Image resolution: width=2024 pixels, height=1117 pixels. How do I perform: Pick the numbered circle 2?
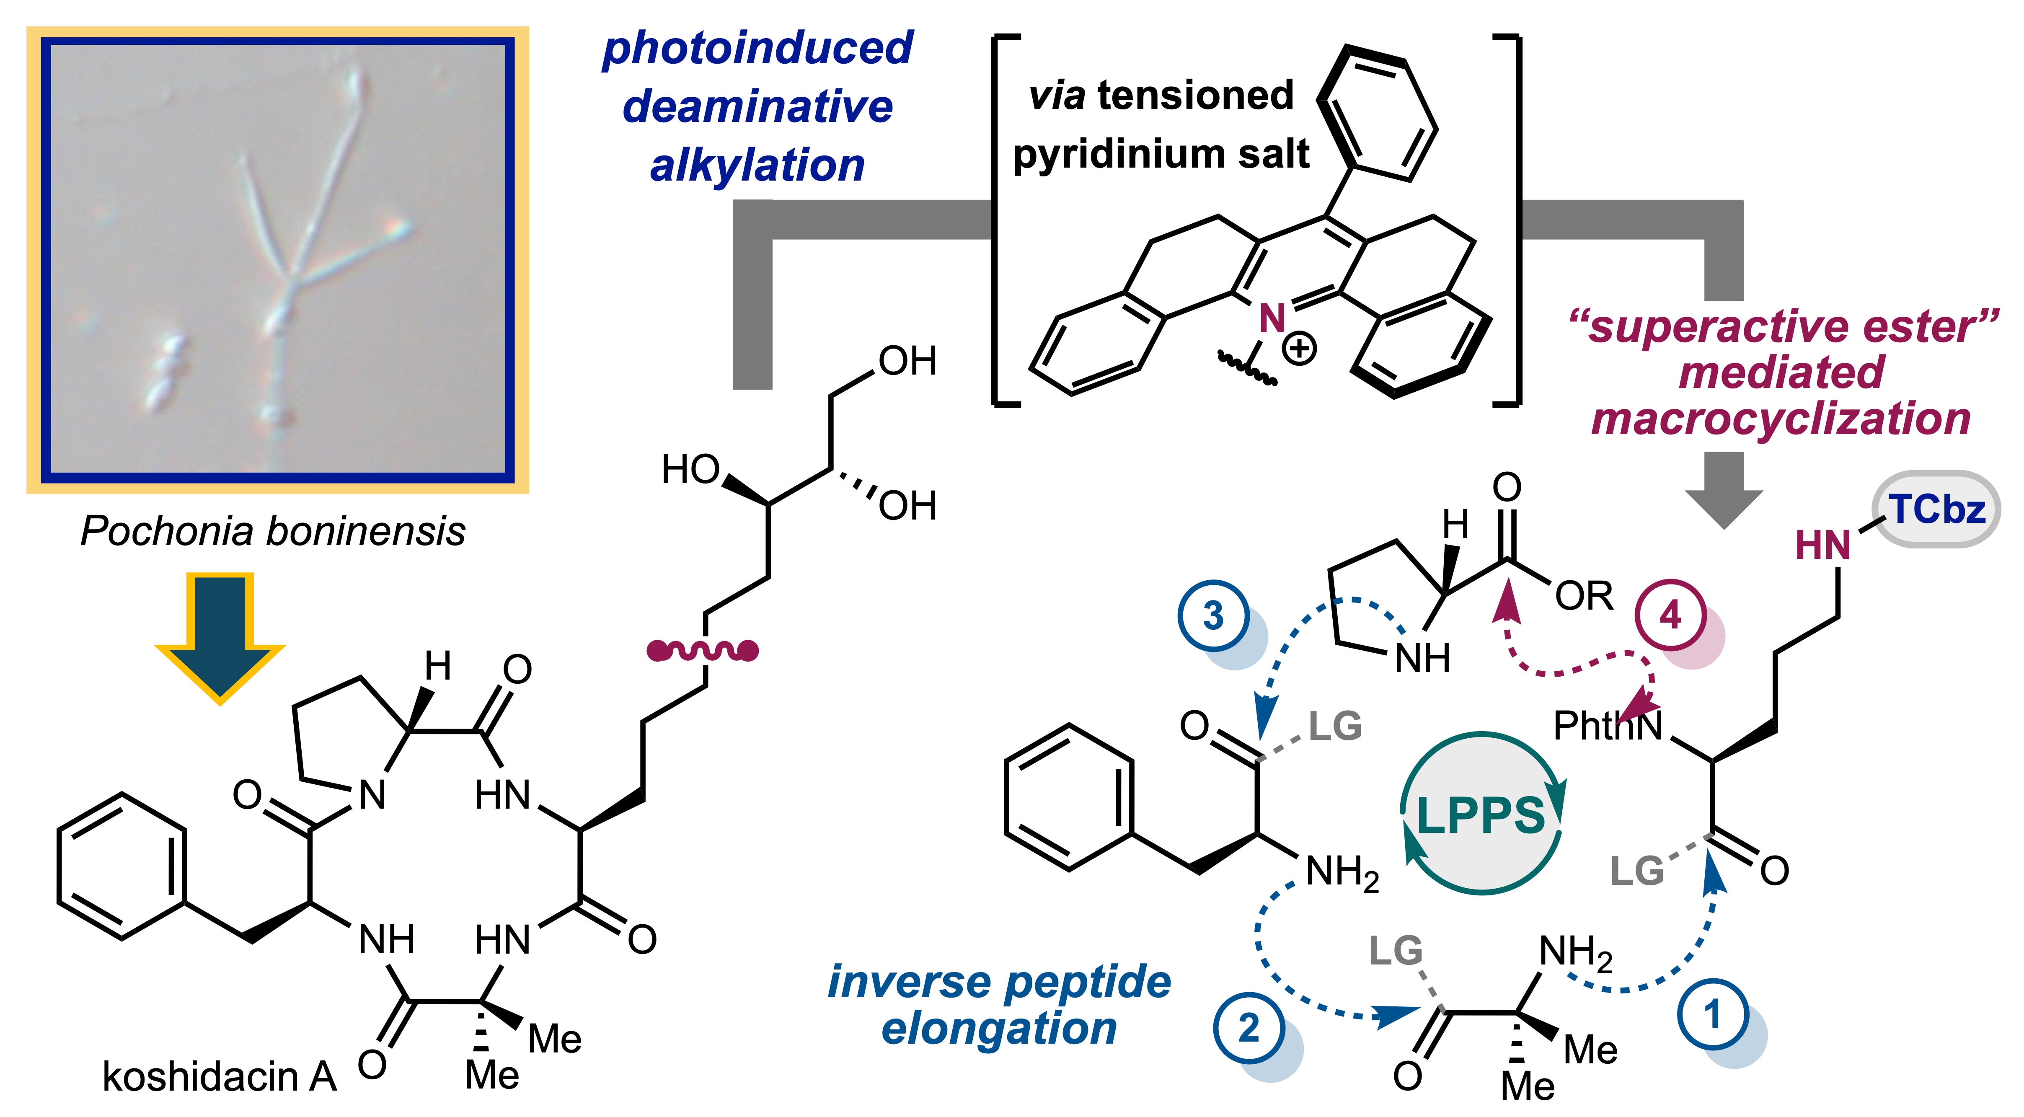pyautogui.click(x=1249, y=1028)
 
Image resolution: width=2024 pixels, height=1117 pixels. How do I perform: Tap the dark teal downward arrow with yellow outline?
pyautogui.click(x=220, y=636)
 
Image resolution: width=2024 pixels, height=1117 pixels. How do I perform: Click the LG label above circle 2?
pyautogui.click(x=1396, y=951)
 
